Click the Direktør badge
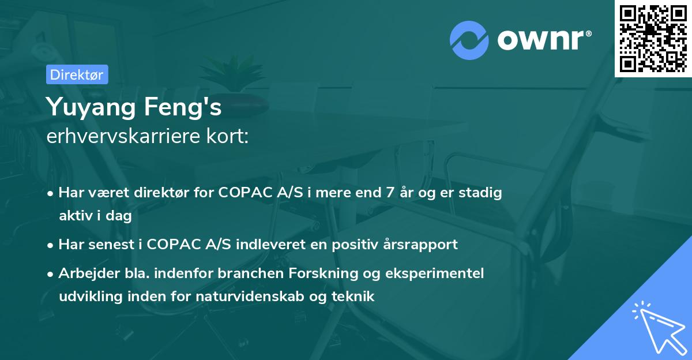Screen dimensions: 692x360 pos(77,74)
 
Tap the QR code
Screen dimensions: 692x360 pos(653,38)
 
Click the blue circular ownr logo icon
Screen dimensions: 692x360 pos(469,40)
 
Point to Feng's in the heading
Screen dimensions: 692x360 pos(183,107)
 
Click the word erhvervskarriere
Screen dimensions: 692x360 pos(123,136)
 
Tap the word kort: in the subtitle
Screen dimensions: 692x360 pos(227,136)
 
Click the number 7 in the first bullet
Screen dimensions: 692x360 pos(390,193)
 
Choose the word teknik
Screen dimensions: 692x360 pos(353,297)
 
